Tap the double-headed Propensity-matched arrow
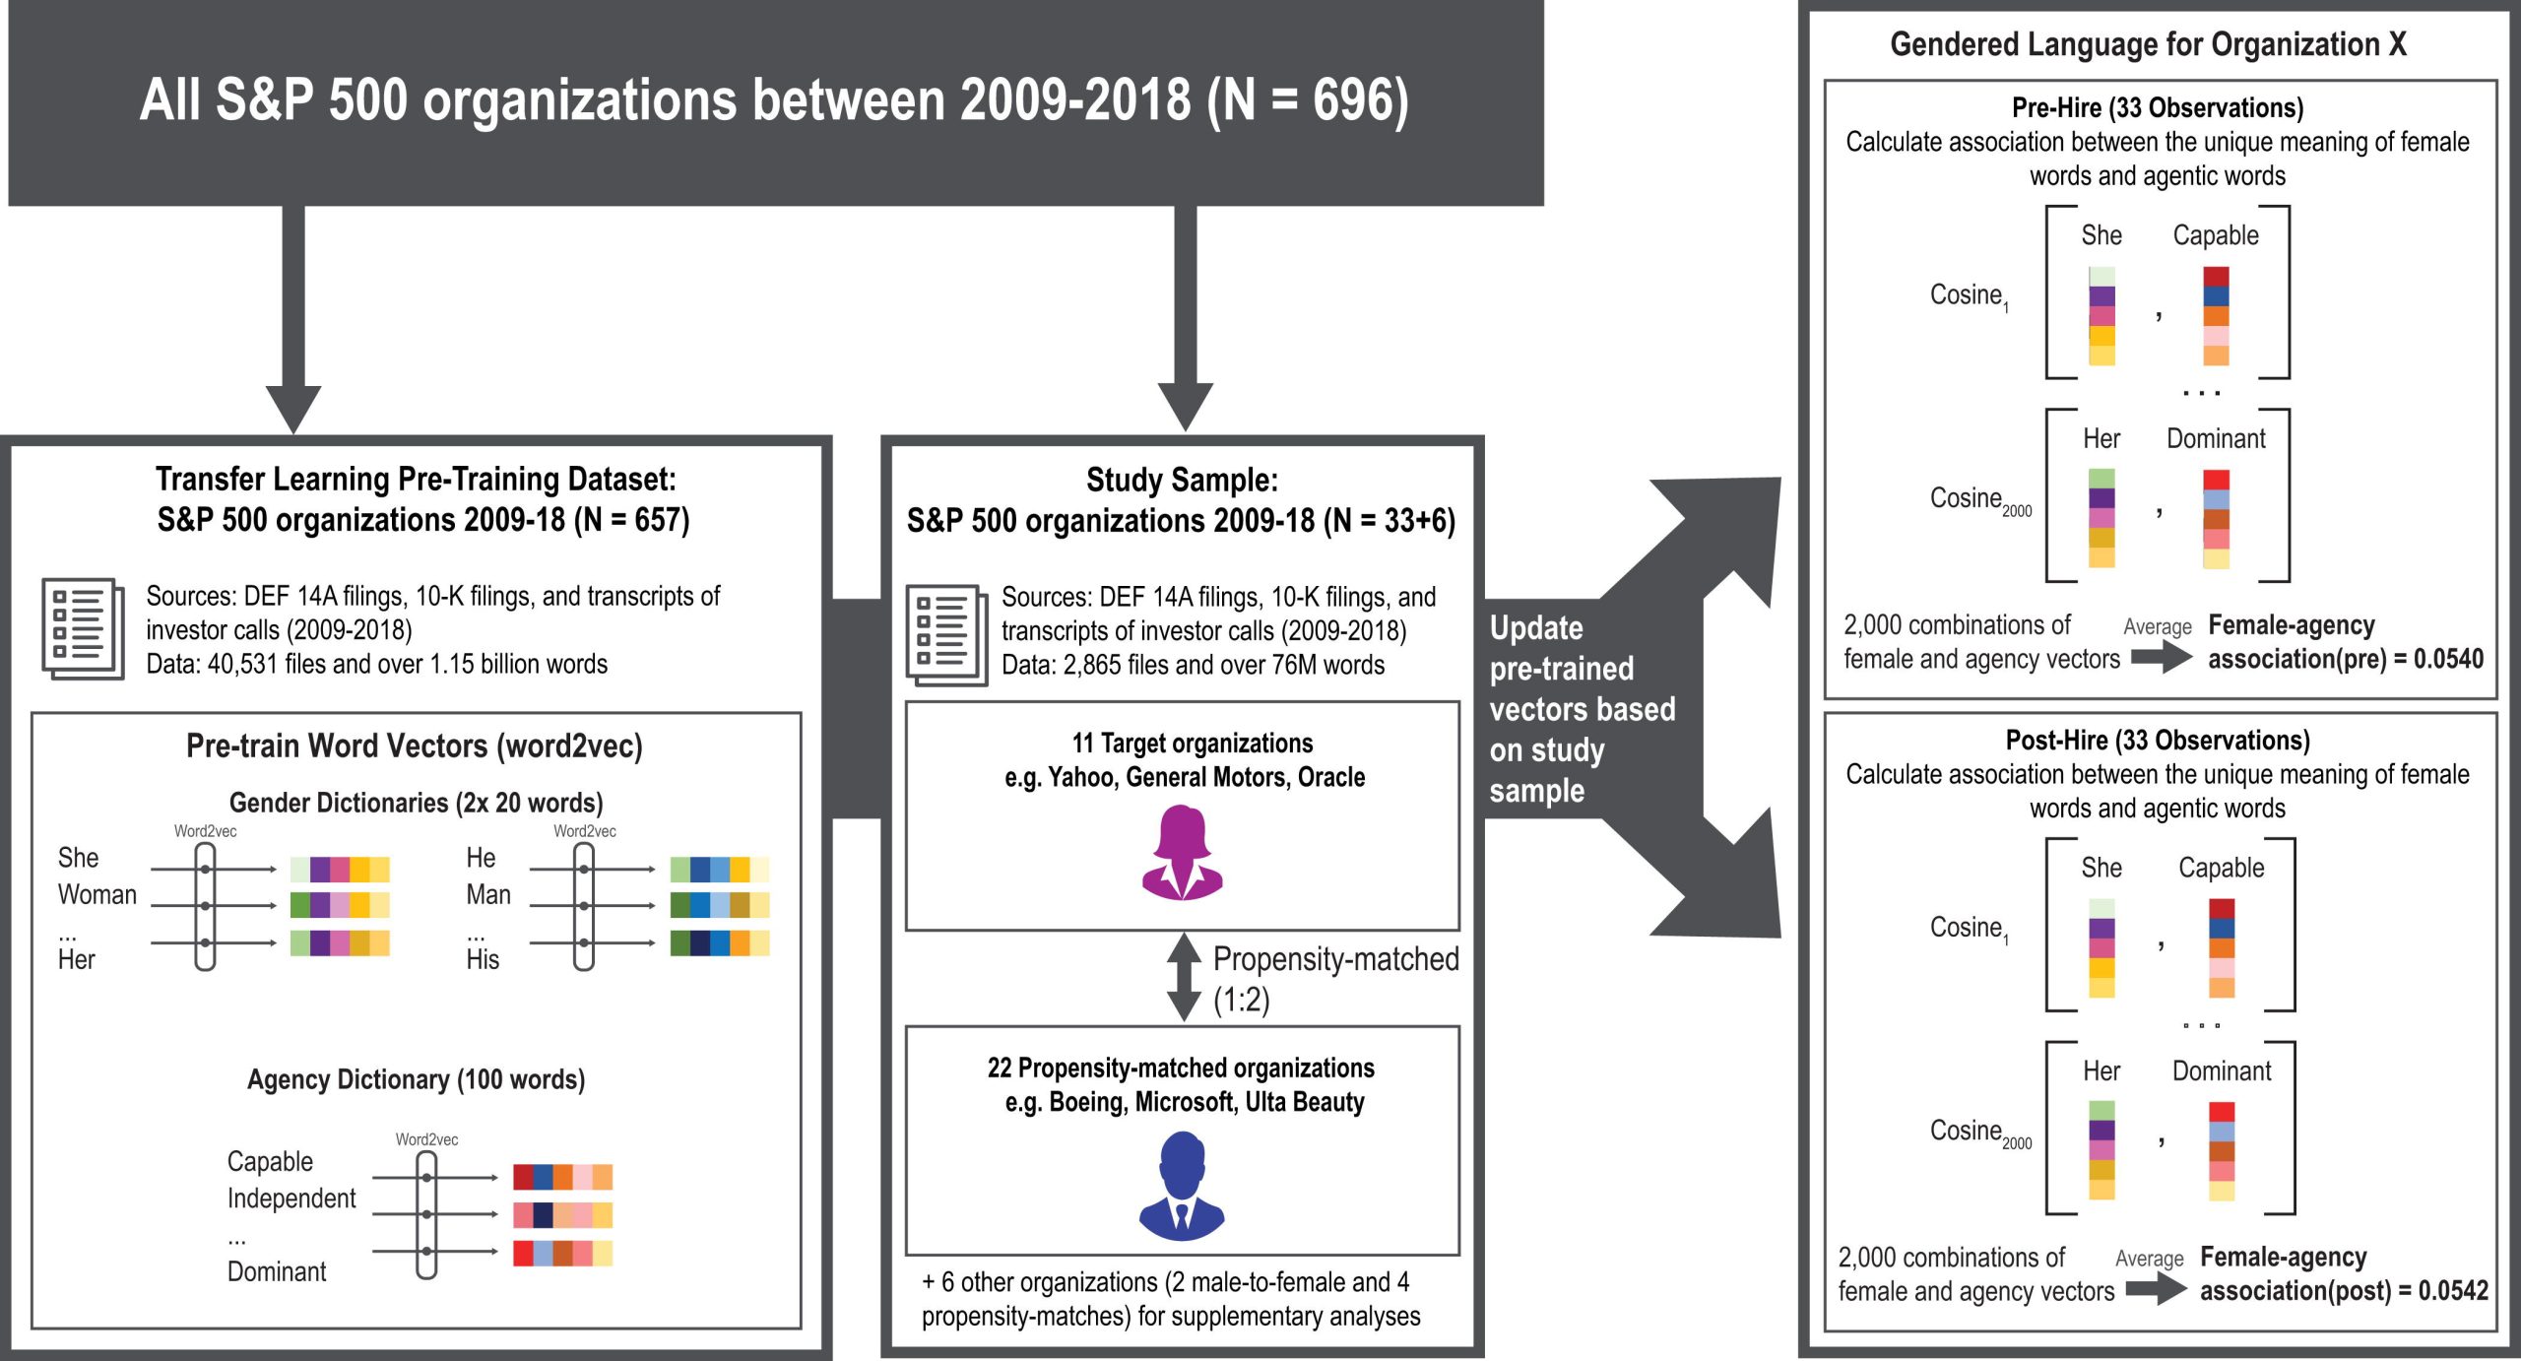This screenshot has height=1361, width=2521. click(x=1184, y=977)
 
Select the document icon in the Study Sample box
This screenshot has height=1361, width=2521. click(x=946, y=635)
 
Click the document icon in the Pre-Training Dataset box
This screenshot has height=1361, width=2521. click(x=83, y=628)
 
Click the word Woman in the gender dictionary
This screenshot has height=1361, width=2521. click(x=97, y=894)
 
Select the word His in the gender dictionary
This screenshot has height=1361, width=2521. click(x=483, y=959)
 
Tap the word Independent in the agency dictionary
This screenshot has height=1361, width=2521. click(x=291, y=1199)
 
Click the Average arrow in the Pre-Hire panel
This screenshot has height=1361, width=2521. click(x=2161, y=656)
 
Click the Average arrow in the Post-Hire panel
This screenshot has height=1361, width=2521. click(x=2156, y=1288)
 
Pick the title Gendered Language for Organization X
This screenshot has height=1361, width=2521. click(x=2148, y=44)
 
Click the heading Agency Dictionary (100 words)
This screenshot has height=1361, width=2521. click(x=416, y=1079)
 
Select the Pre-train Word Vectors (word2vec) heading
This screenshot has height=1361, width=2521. click(x=414, y=746)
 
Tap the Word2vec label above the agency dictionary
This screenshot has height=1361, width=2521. click(x=426, y=1139)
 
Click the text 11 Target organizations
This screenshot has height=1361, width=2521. click(x=1192, y=743)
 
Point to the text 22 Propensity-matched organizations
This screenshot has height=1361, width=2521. click(x=1181, y=1068)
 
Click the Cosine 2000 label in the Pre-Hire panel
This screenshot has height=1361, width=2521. click(x=1979, y=500)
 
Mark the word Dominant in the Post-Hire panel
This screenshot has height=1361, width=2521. click(x=2221, y=1071)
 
